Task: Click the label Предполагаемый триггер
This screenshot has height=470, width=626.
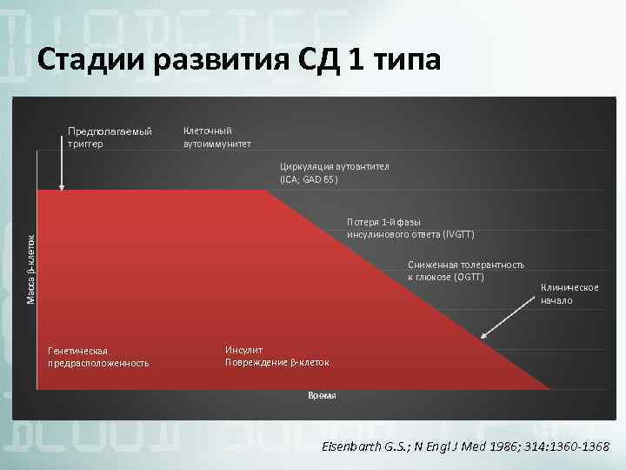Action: (110, 138)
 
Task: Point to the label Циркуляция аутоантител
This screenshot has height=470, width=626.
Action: (335, 165)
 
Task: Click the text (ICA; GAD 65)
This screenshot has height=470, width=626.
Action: (309, 179)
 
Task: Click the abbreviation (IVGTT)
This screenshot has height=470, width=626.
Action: (458, 235)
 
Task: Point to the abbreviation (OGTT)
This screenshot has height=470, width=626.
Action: (467, 277)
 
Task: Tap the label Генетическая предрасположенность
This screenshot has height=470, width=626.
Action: (98, 356)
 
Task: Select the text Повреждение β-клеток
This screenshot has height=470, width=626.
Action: (276, 362)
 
